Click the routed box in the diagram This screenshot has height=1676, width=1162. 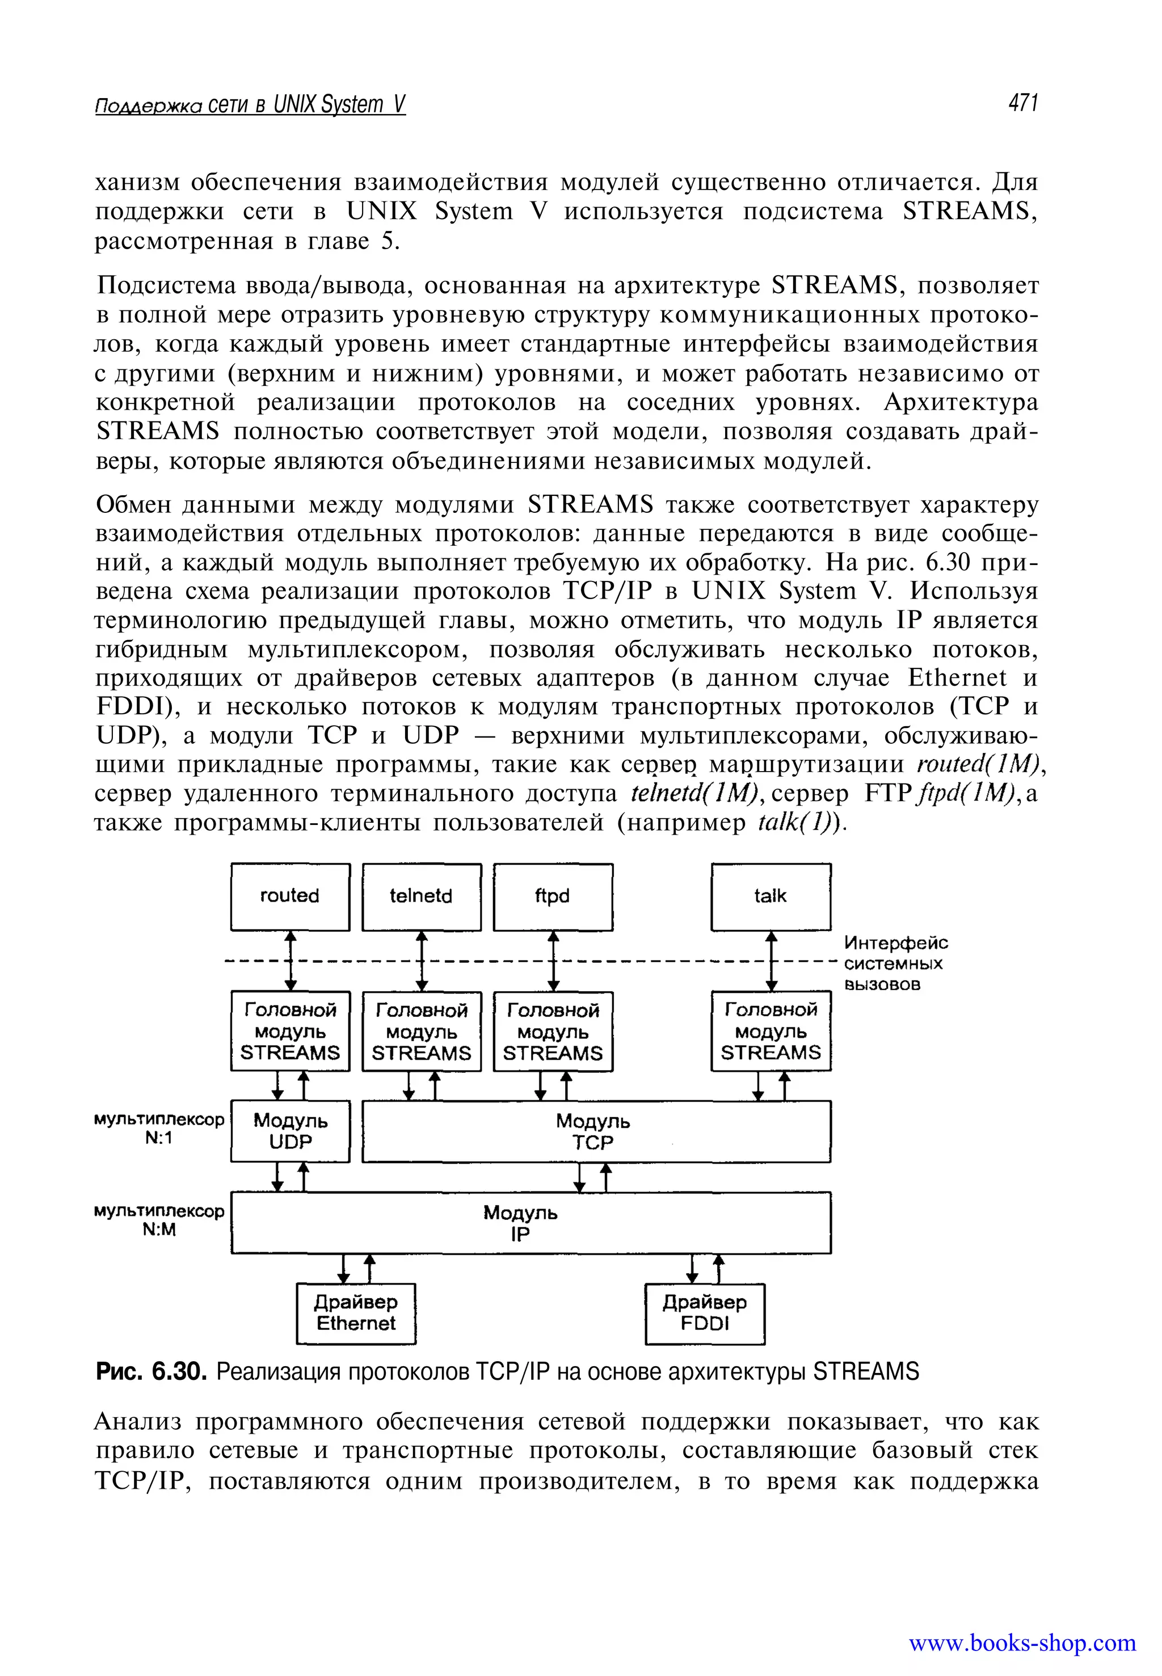pos(290,896)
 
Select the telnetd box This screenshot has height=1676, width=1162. pos(421,896)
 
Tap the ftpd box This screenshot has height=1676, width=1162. pos(553,896)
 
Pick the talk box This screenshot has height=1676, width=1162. pos(771,896)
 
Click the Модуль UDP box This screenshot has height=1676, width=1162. pos(290,1131)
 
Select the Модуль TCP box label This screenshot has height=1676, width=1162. pos(593,1131)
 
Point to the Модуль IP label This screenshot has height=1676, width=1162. pos(520,1223)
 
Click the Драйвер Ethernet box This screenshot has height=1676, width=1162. pos(356,1313)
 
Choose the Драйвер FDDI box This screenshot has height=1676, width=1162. pos(705,1313)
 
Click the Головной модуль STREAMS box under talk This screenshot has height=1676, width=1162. pos(771,1031)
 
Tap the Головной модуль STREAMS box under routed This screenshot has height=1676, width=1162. pos(290,1031)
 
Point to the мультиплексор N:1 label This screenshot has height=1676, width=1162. pos(159,1128)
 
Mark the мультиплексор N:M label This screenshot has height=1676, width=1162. pos(159,1220)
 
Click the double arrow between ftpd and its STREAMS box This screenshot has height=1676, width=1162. pos(553,961)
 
